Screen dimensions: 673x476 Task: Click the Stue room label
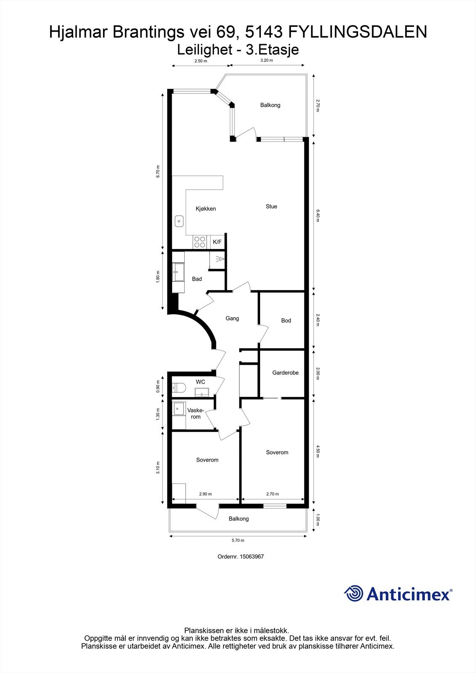[x=271, y=207]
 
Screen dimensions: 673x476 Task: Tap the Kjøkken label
[x=206, y=209]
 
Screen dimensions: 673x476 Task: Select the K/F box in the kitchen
[x=217, y=242]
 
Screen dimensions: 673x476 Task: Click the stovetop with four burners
[x=199, y=242]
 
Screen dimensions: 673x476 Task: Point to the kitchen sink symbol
[x=179, y=220]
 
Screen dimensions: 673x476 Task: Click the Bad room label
[x=197, y=279]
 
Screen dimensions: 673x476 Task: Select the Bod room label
[x=286, y=321]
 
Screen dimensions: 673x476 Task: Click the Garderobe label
[x=285, y=373]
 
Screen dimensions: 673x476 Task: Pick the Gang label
[x=232, y=318]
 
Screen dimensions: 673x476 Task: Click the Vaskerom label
[x=196, y=413]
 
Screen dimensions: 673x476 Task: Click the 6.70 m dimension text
[x=158, y=171]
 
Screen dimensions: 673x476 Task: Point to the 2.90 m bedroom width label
[x=205, y=494]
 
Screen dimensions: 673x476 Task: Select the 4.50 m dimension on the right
[x=318, y=450]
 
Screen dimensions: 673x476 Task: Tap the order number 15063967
[x=251, y=556]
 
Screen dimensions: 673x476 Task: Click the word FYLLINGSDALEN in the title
[x=357, y=32]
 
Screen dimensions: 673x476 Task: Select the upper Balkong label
[x=270, y=105]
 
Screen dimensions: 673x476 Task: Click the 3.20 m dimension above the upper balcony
[x=266, y=61]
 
